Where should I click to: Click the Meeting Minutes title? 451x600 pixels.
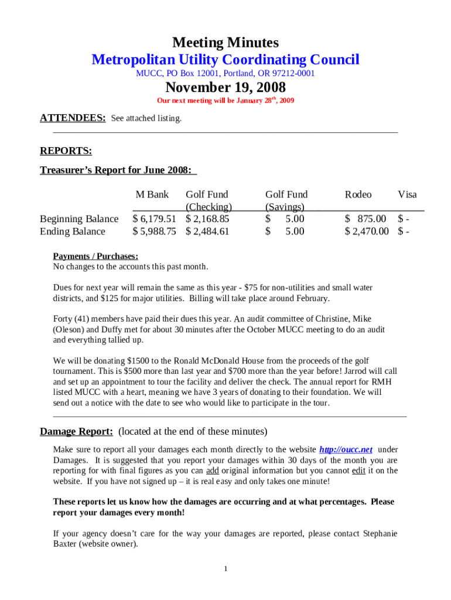225,43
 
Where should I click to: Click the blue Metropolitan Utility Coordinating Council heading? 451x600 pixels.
225,60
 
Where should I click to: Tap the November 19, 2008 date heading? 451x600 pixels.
225,88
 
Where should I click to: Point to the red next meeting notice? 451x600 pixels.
225,101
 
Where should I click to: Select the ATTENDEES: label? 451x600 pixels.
73,118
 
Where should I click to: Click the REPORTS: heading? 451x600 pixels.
66,152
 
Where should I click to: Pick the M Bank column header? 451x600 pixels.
152,195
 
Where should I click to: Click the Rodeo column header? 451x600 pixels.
358,195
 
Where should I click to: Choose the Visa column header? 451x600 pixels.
407,195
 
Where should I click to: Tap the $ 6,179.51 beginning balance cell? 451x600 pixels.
155,219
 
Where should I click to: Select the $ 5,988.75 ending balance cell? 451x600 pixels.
155,231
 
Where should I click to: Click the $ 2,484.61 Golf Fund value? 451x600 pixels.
207,231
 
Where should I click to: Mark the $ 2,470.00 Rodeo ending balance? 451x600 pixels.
367,231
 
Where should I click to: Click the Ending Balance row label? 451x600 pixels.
73,231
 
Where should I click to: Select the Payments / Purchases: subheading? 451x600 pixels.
95,256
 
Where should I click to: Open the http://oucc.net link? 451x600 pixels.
346,449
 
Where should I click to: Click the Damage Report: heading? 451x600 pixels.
76,432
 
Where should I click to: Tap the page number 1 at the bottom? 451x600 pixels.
225,569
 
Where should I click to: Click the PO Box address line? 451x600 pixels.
225,74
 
